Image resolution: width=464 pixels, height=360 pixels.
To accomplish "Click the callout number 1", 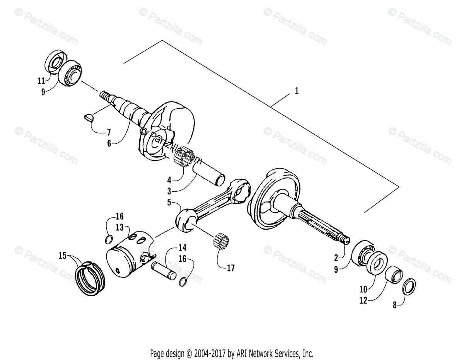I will (297, 91).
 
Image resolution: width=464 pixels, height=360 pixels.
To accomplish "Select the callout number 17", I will (230, 268).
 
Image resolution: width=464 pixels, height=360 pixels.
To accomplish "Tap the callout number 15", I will (62, 255).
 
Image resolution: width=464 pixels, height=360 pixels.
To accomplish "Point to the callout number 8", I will (395, 305).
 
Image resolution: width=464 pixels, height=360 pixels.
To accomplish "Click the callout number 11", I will (41, 81).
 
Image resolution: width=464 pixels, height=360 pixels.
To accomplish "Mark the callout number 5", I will (169, 202).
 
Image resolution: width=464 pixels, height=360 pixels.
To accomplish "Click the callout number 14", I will (182, 247).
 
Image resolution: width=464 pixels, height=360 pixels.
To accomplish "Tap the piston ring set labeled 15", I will (90, 278).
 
